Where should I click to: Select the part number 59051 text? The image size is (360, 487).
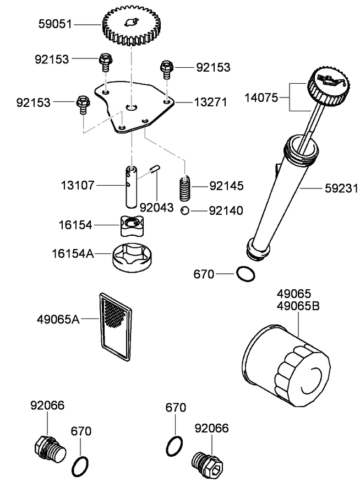[x=56, y=24]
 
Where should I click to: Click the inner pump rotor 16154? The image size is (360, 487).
[x=130, y=225]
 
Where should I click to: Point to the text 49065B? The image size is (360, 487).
[x=298, y=306]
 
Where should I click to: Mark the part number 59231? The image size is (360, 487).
[x=341, y=188]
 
